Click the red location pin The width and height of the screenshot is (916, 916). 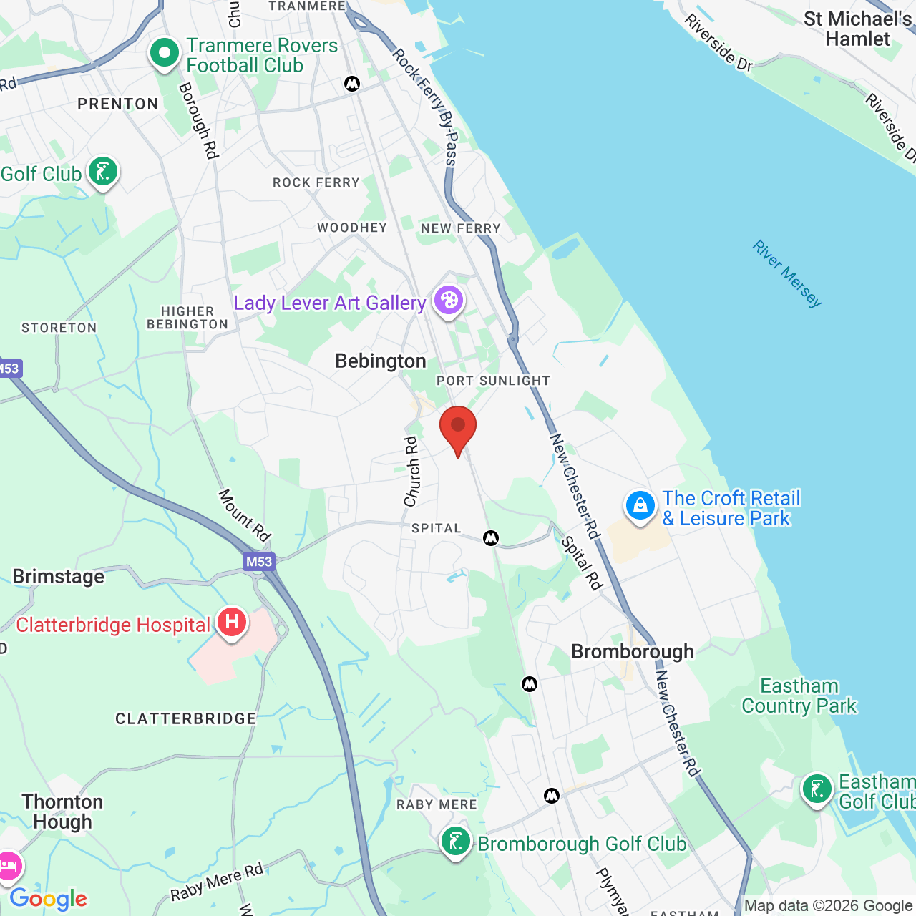coord(458,428)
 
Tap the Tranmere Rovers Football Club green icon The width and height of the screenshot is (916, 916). coord(165,53)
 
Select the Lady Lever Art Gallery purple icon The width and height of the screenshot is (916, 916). coord(449,300)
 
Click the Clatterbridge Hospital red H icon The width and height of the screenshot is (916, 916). coord(231,622)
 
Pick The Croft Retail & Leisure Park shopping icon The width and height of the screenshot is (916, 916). coord(640,505)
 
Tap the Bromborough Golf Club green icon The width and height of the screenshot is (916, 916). coord(456,842)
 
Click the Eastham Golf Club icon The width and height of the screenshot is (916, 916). coord(817,789)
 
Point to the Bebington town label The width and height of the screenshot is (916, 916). coord(381,361)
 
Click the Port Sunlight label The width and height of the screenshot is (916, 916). coord(493,381)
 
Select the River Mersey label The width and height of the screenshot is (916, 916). coord(787,274)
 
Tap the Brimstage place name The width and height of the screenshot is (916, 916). coord(59,577)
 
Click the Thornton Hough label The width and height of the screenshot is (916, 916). coord(63,812)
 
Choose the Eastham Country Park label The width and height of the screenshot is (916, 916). coord(799,696)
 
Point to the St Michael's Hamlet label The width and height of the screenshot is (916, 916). coord(857,29)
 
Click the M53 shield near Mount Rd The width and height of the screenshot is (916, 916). coord(259,562)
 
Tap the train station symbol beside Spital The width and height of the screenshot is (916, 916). coord(491,537)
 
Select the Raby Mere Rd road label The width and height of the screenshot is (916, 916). coord(217,882)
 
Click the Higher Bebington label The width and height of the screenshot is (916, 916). coord(187,318)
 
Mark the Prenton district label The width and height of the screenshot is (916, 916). coord(118,104)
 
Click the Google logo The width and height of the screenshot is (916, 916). coord(49,899)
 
